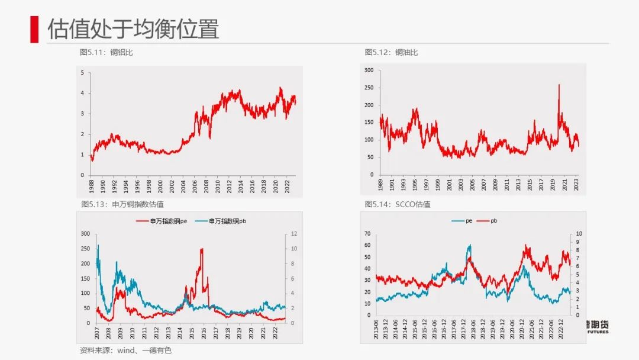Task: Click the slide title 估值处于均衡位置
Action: click(133, 28)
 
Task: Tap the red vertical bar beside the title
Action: click(34, 28)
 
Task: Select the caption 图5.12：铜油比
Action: click(391, 52)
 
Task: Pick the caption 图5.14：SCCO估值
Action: click(398, 204)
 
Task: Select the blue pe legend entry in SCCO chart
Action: click(461, 220)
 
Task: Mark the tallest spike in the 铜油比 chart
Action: click(559, 85)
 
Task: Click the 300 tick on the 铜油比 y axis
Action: click(369, 70)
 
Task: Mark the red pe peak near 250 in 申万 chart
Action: click(202, 249)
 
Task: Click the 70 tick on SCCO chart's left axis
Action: click(367, 233)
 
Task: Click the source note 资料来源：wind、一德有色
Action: click(125, 351)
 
